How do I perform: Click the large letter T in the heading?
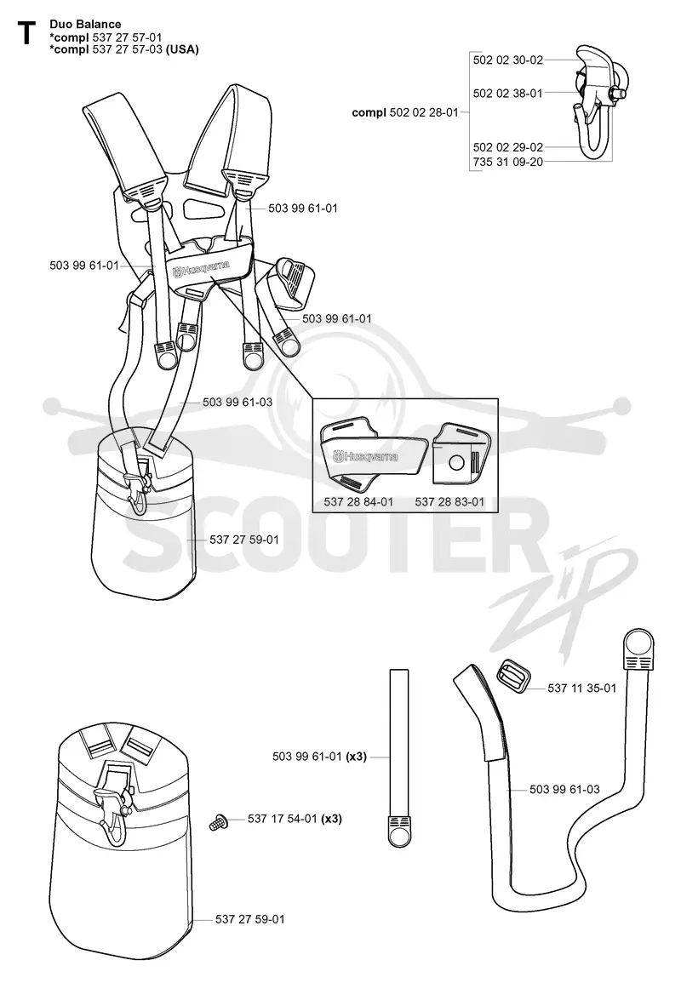26,33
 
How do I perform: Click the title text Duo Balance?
85,25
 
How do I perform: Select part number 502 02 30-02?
508,60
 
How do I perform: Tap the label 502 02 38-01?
508,94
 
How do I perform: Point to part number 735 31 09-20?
508,162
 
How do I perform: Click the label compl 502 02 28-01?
405,113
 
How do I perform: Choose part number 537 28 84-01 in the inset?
358,501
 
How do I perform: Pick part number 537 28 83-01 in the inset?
449,501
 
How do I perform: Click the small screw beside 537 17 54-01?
218,820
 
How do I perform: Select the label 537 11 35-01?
582,688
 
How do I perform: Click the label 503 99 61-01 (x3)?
319,757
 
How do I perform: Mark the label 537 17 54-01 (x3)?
295,819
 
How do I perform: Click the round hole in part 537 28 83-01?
458,463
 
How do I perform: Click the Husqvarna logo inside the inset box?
365,454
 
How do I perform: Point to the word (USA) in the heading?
182,49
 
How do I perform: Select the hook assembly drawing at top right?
593,103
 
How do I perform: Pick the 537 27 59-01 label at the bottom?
249,919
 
